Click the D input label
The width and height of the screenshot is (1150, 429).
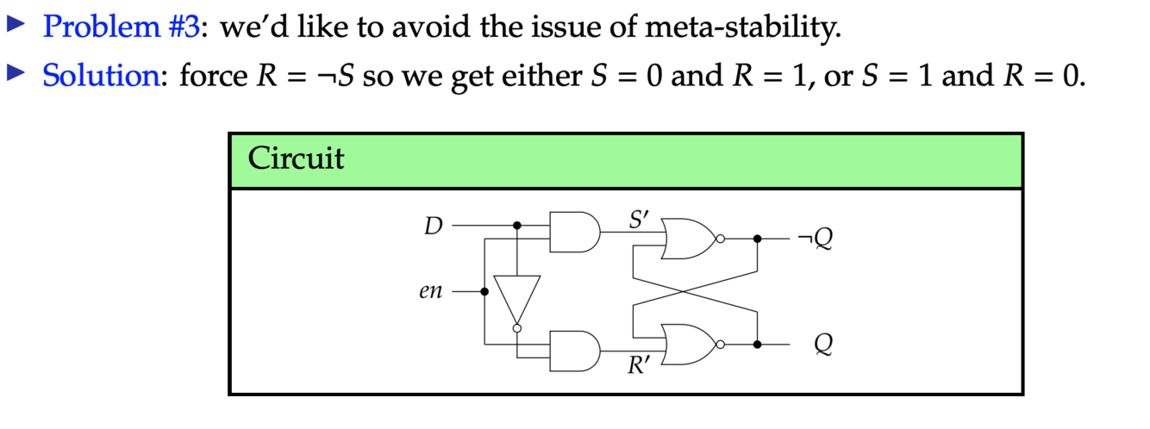tap(433, 227)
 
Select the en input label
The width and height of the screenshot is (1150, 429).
tap(430, 292)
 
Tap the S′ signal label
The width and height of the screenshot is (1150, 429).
tap(639, 219)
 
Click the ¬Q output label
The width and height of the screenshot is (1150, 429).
tap(816, 239)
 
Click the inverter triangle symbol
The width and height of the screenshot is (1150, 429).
tap(517, 301)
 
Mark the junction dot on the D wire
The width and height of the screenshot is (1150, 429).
tap(517, 226)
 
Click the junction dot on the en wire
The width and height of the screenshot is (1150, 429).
tap(484, 292)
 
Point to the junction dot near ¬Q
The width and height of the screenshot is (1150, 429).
tap(757, 239)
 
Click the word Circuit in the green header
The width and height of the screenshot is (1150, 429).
tap(296, 159)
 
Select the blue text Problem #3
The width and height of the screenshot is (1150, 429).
tap(122, 28)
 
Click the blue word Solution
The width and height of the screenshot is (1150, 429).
tap(97, 76)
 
